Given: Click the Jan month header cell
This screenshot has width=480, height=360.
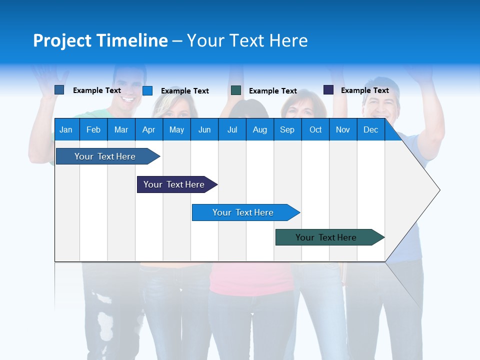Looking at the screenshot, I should point(66,129).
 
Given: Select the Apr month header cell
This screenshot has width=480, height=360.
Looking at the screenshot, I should point(149,129).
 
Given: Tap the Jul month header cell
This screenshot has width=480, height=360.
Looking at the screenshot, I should point(232,129).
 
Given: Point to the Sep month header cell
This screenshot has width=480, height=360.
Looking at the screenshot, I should point(287,129).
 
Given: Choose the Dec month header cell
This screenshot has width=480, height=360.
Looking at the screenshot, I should point(370,129).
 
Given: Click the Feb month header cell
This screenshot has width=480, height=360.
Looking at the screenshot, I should point(93,129).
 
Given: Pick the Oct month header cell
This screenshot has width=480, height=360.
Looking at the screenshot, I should point(315,129).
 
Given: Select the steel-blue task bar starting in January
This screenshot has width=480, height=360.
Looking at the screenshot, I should point(105,156).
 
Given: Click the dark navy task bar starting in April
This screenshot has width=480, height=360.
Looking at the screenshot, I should point(174,184).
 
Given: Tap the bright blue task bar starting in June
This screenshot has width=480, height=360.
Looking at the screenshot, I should point(243,212).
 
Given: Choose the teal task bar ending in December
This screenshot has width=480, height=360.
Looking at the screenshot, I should point(326,237).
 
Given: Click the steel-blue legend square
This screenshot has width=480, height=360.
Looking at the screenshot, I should point(59,90).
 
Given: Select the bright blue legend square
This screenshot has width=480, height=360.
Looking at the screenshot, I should point(147,90).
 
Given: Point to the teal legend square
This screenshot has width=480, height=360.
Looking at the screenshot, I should point(236,90).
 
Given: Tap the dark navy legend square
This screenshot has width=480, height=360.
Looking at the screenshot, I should point(328,90).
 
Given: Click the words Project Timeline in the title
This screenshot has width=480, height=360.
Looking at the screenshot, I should point(100,40).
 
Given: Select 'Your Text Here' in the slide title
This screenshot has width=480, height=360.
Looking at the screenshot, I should point(247,40).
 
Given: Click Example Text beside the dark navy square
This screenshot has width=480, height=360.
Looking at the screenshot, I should point(365,90).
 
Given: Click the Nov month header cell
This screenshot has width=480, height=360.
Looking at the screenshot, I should point(343,129).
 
